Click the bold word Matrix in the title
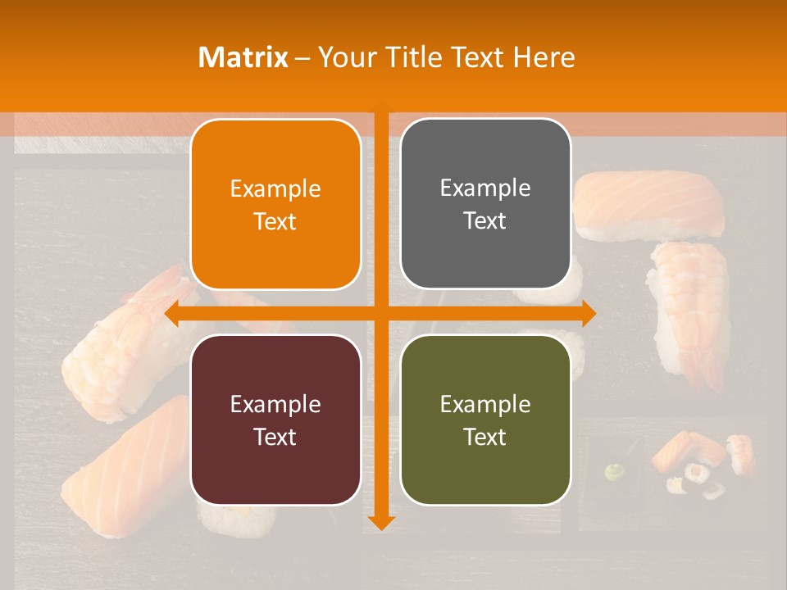pos(243,57)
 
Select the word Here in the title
pos(544,57)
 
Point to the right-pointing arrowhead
pos(588,313)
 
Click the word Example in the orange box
pos(275,188)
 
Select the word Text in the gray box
pos(485,221)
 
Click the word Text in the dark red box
pos(275,437)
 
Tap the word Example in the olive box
pos(485,404)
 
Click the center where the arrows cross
pos(381,313)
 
